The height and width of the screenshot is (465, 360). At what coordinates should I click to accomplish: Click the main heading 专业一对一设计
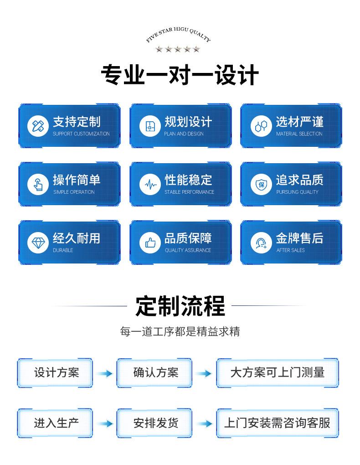pos(180,76)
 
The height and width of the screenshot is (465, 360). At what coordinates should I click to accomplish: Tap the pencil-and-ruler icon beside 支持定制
pos(38,126)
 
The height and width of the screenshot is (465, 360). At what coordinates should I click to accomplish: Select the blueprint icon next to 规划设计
pos(150,126)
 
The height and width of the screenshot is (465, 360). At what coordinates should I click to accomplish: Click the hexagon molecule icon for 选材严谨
pos(261,126)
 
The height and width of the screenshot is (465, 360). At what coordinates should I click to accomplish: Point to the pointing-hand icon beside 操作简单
pos(38,184)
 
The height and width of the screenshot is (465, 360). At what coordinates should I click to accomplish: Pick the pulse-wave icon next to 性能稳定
pos(150,184)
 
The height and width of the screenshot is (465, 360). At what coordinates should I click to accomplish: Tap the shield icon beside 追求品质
pos(261,184)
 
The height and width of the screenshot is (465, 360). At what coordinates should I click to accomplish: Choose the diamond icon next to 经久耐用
pos(38,243)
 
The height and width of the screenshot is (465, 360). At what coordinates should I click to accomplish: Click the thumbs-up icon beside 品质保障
pos(150,243)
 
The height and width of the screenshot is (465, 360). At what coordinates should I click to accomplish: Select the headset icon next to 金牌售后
pos(261,243)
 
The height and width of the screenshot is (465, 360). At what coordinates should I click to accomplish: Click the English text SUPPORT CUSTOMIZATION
pos(81,134)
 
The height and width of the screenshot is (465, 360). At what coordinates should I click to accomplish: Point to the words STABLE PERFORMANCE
pos(189,192)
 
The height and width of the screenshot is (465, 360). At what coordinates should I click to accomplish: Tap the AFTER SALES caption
pos(290,250)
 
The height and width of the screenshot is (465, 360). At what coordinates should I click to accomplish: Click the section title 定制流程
pos(180,306)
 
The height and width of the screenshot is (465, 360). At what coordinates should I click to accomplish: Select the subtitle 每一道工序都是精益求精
pos(180,331)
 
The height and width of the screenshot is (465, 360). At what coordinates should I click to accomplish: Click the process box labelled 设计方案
pos(56,373)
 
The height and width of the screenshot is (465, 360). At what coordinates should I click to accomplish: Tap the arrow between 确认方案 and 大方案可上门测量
pos(204,374)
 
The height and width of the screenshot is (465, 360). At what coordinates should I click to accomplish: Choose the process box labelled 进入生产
pos(56,423)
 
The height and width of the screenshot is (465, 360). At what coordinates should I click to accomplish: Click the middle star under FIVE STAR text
pos(178,49)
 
